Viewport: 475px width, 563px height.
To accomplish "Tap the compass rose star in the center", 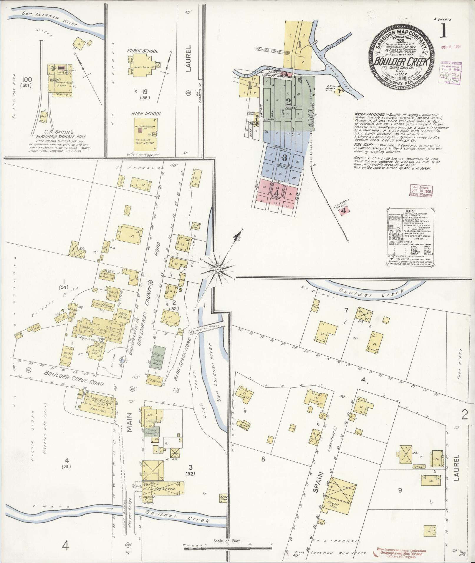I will [x=218, y=269].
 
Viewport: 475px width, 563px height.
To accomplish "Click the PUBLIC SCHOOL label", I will [x=143, y=51].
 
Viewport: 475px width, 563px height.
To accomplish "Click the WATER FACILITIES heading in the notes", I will [x=369, y=113].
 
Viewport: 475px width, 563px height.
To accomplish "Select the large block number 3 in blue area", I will [x=284, y=157].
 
